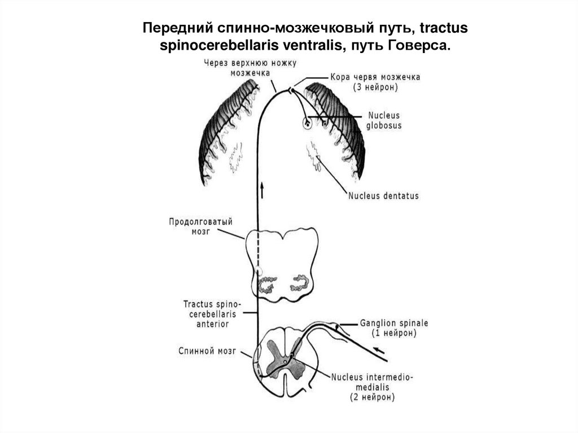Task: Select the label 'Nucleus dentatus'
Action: (x=384, y=196)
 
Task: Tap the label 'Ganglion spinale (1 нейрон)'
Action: (x=394, y=329)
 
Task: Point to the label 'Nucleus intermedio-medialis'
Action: (x=372, y=382)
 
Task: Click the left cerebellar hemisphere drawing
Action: (x=226, y=133)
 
